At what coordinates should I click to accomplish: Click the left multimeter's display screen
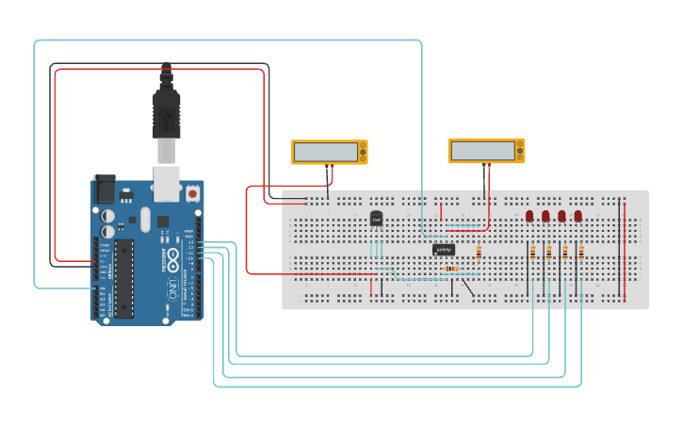[324, 152]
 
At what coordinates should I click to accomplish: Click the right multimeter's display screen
[481, 151]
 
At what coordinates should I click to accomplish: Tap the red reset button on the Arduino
[192, 192]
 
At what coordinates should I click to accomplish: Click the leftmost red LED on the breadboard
[529, 217]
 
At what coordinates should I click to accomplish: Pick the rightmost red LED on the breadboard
[578, 217]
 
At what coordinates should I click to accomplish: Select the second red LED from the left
[545, 217]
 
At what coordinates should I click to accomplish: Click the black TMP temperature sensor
[377, 219]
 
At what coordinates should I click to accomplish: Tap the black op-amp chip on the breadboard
[445, 250]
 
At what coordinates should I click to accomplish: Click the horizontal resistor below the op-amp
[452, 269]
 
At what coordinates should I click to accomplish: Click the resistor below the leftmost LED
[534, 253]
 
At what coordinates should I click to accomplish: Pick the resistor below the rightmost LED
[581, 253]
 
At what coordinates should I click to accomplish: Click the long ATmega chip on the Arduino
[122, 278]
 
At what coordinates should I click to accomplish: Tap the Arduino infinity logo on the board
[172, 287]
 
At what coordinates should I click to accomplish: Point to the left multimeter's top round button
[363, 145]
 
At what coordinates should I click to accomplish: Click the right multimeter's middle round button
[520, 151]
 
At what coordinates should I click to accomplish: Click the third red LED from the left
[562, 217]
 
